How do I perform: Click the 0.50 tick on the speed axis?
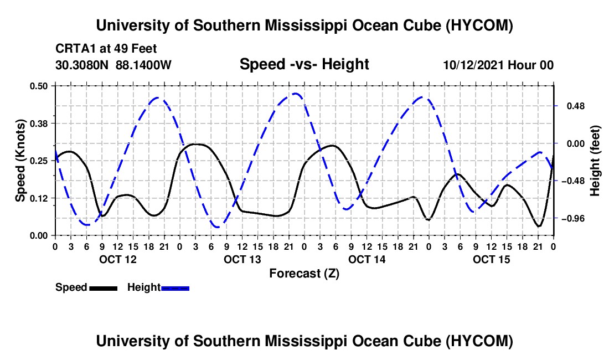pyautogui.click(x=38, y=86)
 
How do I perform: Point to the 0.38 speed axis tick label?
pyautogui.click(x=38, y=124)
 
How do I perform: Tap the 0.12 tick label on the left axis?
pyautogui.click(x=38, y=198)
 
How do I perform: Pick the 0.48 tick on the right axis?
pyautogui.click(x=576, y=106)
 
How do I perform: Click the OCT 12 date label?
pyautogui.click(x=118, y=259)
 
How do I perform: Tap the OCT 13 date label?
pyautogui.click(x=242, y=259)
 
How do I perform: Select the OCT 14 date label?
pyautogui.click(x=367, y=259)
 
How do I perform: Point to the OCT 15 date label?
pyautogui.click(x=491, y=259)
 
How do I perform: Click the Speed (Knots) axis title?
pyautogui.click(x=20, y=161)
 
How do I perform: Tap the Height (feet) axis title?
pyautogui.click(x=595, y=161)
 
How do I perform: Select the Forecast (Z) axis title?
pyautogui.click(x=304, y=274)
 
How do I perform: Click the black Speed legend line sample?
pyautogui.click(x=104, y=289)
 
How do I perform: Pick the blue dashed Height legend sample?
pyautogui.click(x=175, y=289)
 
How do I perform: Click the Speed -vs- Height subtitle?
pyautogui.click(x=304, y=64)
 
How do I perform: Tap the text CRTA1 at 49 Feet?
pyautogui.click(x=106, y=49)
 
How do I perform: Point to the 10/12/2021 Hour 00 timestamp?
pyautogui.click(x=498, y=65)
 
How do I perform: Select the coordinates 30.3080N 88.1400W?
pyautogui.click(x=113, y=65)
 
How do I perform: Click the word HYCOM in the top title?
pyautogui.click(x=479, y=25)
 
